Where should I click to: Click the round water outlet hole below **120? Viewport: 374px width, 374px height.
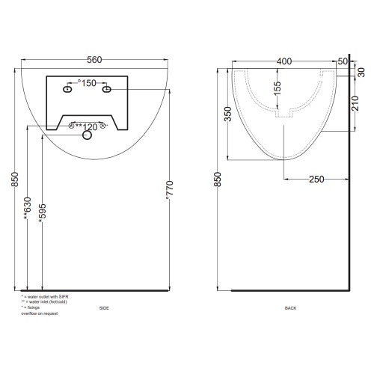87,136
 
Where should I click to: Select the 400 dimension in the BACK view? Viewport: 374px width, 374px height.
283,60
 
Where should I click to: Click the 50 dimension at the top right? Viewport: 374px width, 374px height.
343,60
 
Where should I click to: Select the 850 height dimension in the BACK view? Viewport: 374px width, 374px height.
218,180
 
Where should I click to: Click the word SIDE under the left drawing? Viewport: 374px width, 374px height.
103,307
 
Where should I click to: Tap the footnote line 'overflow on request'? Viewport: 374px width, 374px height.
39,313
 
